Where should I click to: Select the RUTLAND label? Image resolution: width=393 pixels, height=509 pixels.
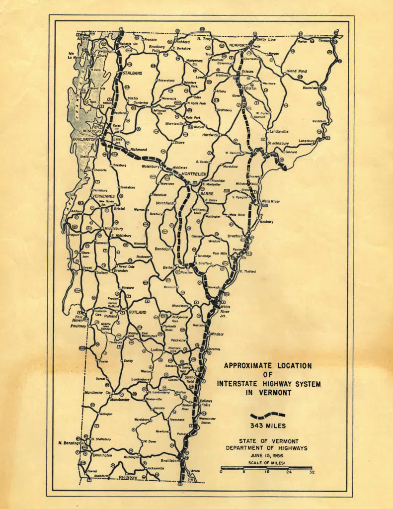pos(138,312)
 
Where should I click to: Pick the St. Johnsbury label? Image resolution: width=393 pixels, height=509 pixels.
pos(278,143)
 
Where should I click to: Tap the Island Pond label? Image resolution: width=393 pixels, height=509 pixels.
pos(297,71)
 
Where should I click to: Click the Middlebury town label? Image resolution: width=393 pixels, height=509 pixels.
pos(114,229)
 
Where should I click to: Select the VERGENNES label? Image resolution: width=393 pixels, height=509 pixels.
pos(104,196)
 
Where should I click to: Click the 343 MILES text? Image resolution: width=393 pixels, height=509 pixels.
pos(268,425)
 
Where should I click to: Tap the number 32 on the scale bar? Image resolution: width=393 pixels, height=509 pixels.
pos(312,473)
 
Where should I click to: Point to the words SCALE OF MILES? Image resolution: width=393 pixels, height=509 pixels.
pos(268,463)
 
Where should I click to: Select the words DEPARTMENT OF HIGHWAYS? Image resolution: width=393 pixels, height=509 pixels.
pos(267,448)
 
